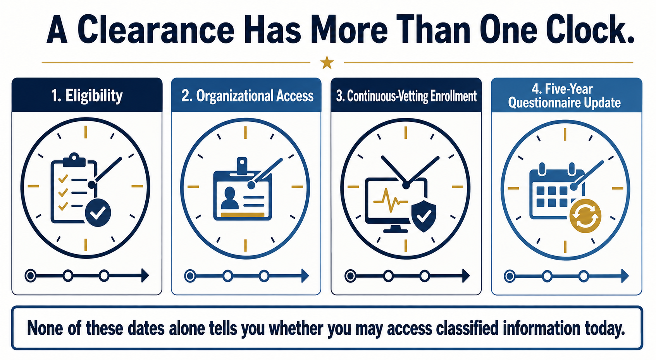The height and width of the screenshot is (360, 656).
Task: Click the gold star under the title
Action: pyautogui.click(x=327, y=62)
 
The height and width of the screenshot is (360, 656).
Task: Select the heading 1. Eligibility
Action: pyautogui.click(x=87, y=95)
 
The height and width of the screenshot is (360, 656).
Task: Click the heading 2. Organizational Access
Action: pyautogui.click(x=247, y=96)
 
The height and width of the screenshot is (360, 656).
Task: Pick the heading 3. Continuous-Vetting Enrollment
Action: pyautogui.click(x=406, y=96)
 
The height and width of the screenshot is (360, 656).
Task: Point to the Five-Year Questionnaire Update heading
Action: pyautogui.click(x=564, y=96)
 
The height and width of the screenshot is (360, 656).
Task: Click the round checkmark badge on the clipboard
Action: pyautogui.click(x=98, y=213)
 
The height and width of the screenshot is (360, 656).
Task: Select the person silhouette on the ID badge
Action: pyautogui.click(x=229, y=198)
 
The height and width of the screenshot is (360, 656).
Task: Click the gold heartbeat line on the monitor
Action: pyautogui.click(x=390, y=200)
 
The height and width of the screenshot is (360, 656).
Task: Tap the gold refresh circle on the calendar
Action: pyautogui.click(x=585, y=216)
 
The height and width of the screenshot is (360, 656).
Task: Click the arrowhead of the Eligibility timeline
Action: pyautogui.click(x=145, y=276)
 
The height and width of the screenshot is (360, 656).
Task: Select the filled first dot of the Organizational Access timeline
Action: pyautogui.click(x=190, y=276)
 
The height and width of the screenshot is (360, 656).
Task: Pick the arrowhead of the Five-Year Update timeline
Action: pyautogui.click(x=625, y=276)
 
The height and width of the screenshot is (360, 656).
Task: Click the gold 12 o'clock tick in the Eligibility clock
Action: pyautogui.click(x=86, y=132)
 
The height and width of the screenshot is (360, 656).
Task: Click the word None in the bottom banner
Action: pyautogui.click(x=45, y=328)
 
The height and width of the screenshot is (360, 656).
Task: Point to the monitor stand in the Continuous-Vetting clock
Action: pyautogui.click(x=395, y=229)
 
